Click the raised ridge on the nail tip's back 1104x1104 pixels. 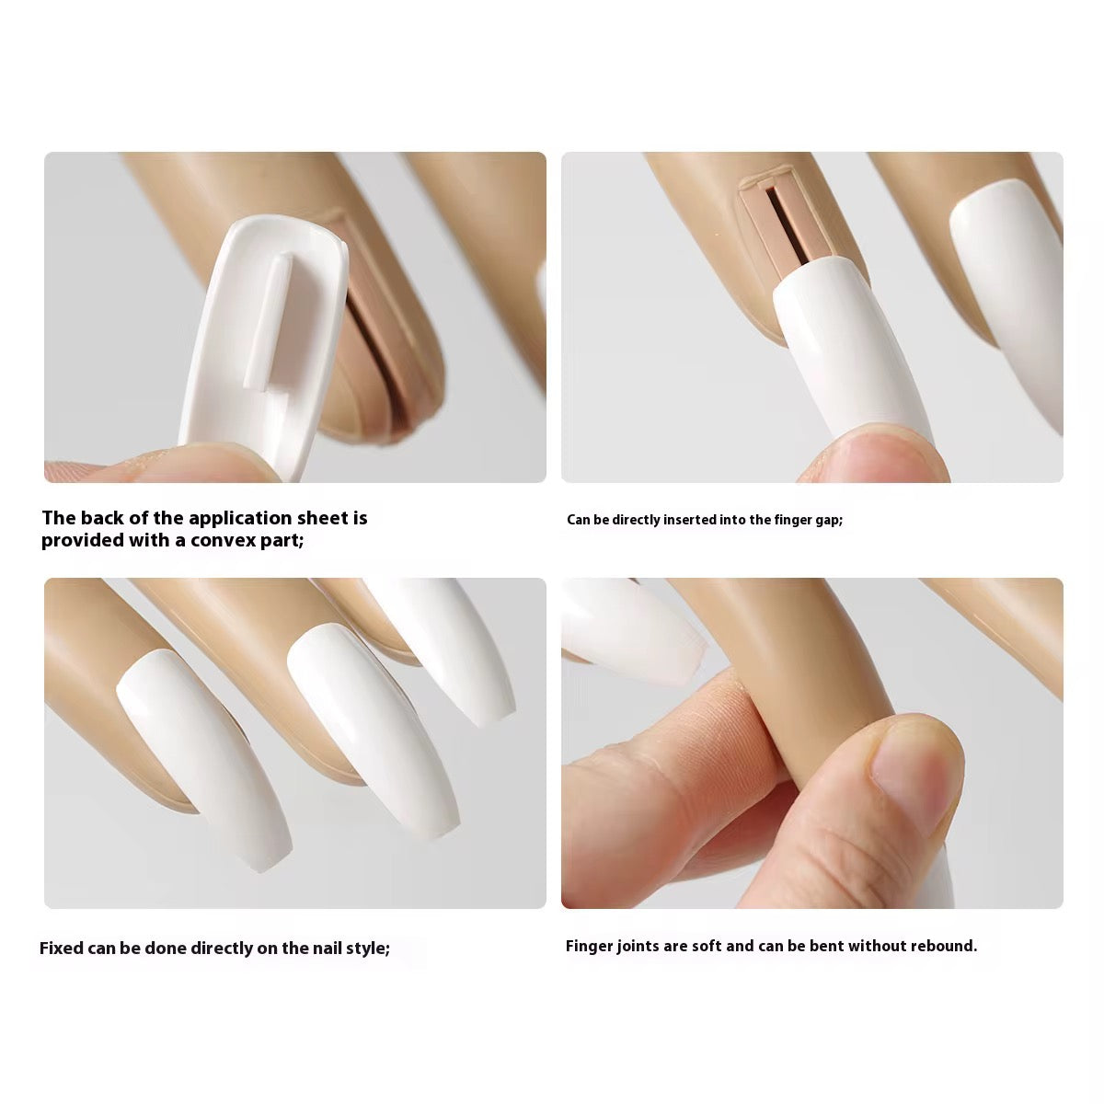[x=268, y=323]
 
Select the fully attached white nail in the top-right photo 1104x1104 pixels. [x=1008, y=298]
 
